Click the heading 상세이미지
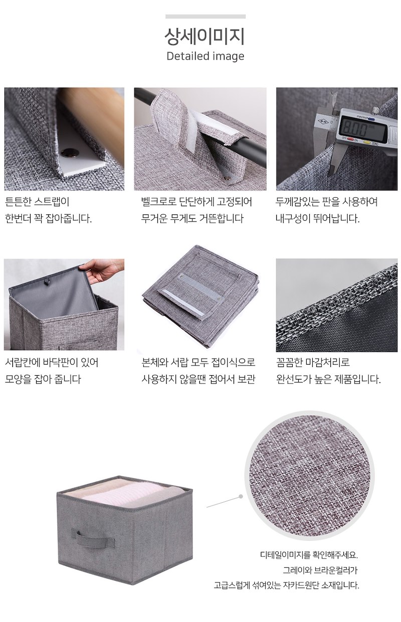tap(205, 37)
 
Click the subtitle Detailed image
tap(206, 56)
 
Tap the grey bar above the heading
tap(206, 17)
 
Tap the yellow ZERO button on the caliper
tap(367, 142)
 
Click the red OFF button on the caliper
tap(351, 139)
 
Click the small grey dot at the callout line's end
tap(241, 496)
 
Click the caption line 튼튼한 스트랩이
tap(37, 202)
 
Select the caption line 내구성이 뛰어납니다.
tap(317, 218)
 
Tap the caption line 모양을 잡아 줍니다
tap(43, 379)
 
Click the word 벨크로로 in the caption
tap(158, 202)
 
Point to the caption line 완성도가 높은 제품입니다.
tap(328, 379)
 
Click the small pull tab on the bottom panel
tap(48, 282)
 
